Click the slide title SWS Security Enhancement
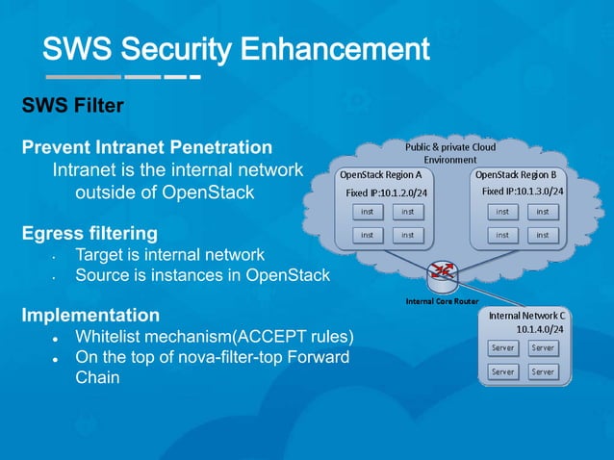click(x=235, y=48)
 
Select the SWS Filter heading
click(x=72, y=106)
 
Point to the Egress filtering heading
click(x=90, y=233)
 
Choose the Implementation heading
click(x=90, y=316)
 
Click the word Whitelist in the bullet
click(x=111, y=337)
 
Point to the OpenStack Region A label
click(x=380, y=176)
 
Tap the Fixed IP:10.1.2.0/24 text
click(x=386, y=192)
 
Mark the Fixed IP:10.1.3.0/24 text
click(x=523, y=192)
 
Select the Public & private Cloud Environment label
click(x=450, y=153)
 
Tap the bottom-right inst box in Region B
click(x=543, y=234)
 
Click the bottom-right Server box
click(x=543, y=371)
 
